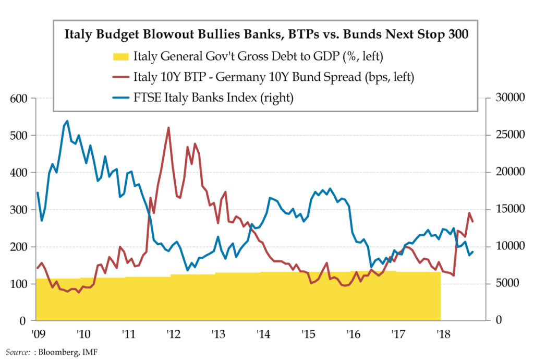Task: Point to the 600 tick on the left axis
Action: [x=20, y=98]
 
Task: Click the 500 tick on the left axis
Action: [x=20, y=135]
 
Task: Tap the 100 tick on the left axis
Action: [x=20, y=284]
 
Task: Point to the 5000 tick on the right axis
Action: [x=502, y=284]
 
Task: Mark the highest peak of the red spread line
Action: [x=168, y=127]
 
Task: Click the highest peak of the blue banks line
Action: [x=67, y=121]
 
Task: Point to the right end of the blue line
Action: [x=472, y=252]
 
